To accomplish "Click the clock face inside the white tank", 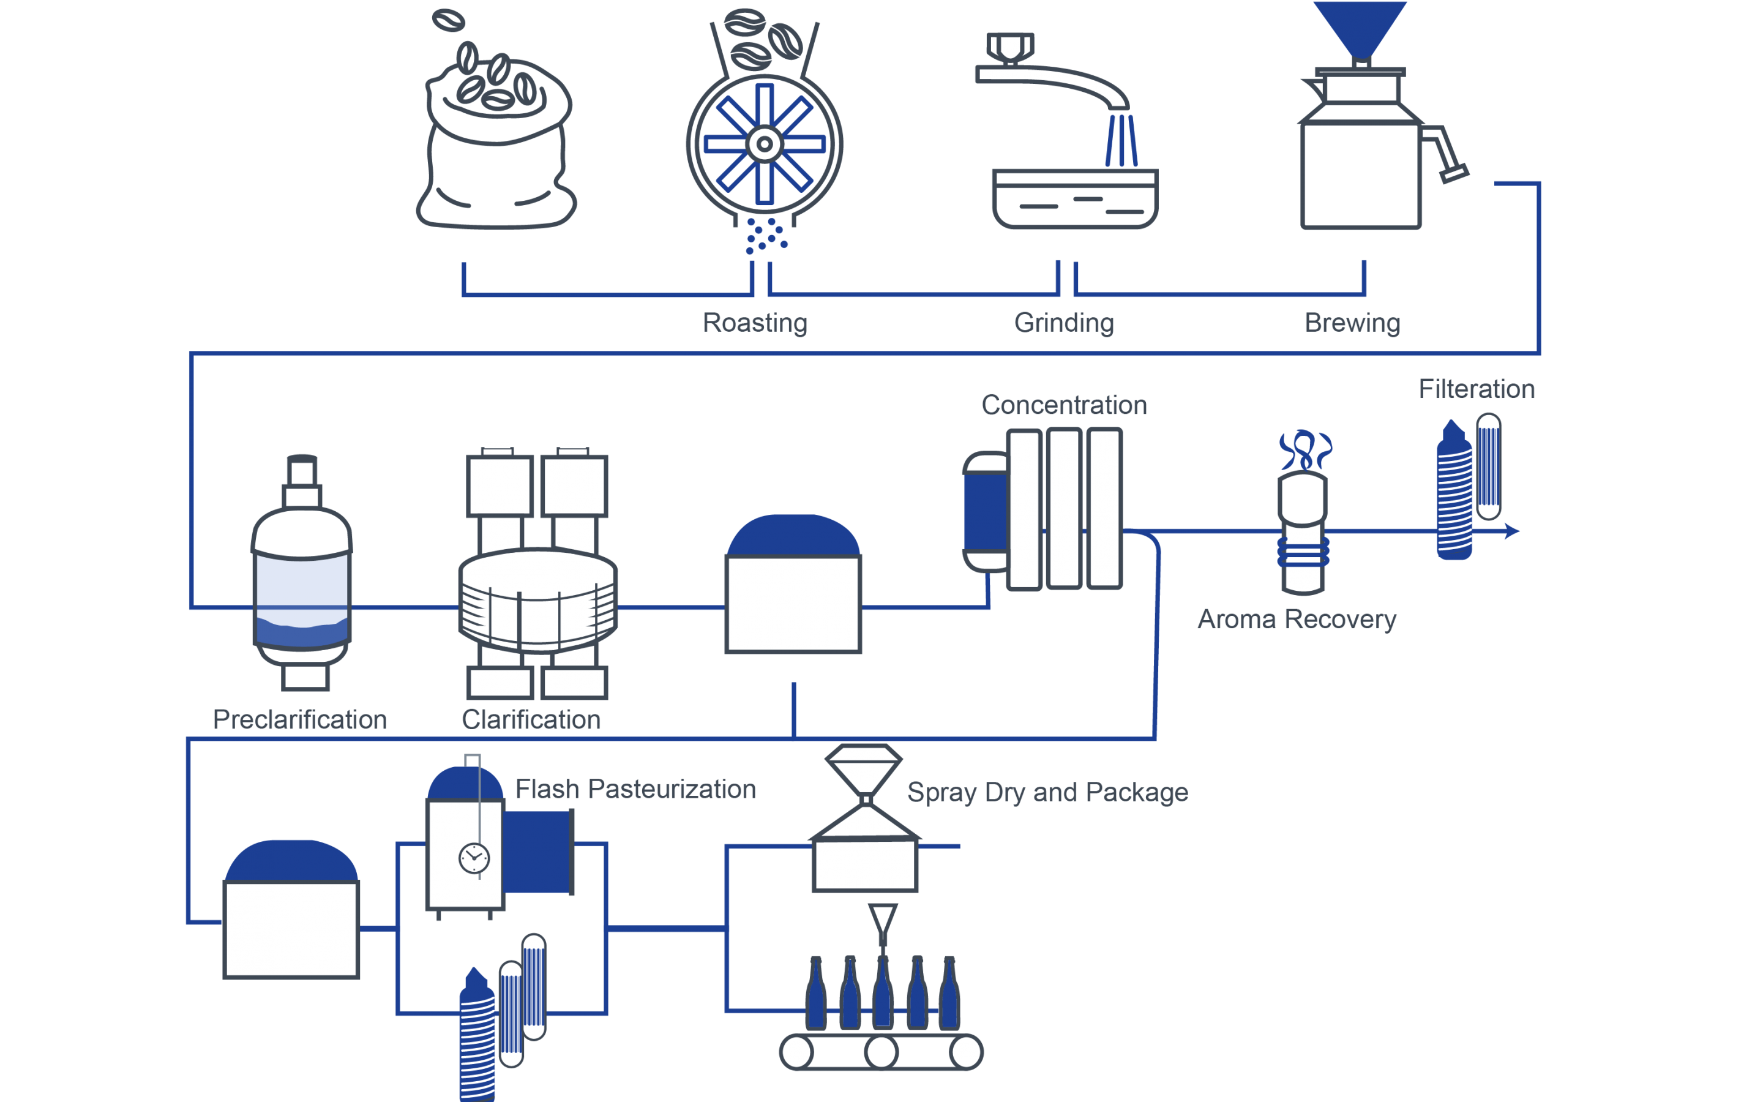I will click(474, 858).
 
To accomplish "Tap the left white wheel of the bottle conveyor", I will click(796, 1052).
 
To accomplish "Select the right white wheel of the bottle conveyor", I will click(966, 1052).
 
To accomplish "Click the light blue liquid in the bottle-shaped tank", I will click(302, 583).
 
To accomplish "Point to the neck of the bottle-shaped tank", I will click(302, 478).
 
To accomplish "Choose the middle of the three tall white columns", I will click(1064, 508).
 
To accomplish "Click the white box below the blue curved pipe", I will click(793, 604).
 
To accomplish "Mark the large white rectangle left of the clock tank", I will click(291, 929).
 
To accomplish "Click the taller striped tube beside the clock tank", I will click(534, 986).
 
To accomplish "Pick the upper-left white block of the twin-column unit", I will click(500, 485).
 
